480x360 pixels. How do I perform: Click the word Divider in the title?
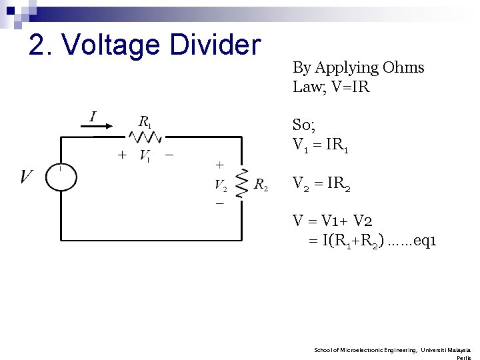coord(215,45)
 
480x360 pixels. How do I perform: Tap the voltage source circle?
coord(61,177)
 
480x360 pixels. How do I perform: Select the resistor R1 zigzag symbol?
coord(145,137)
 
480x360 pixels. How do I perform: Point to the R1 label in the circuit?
coord(145,122)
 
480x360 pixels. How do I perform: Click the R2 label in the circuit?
coord(261,185)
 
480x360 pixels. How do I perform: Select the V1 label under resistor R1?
coord(145,156)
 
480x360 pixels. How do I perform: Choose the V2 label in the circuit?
coord(221,184)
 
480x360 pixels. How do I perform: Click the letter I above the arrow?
coord(93,117)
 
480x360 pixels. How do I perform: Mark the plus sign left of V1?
coord(122,155)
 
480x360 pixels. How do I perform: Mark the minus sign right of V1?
coord(169,155)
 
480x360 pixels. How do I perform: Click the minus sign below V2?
coord(219,203)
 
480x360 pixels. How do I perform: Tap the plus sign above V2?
coord(219,165)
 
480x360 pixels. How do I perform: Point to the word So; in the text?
coord(303,125)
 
